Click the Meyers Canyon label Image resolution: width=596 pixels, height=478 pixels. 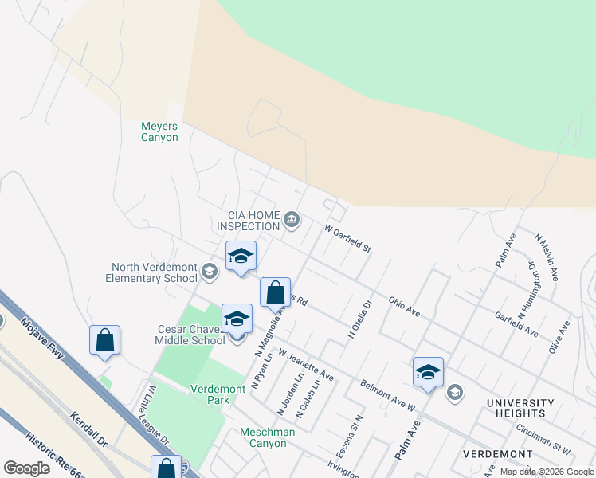tap(159, 131)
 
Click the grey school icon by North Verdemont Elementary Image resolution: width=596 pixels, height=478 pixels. tap(209, 272)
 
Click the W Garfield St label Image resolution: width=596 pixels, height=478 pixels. tap(348, 238)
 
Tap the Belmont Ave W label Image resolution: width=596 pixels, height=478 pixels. tap(388, 394)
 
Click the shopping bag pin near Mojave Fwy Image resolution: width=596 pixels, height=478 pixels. tap(105, 340)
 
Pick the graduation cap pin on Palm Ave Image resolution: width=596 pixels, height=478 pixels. tap(428, 372)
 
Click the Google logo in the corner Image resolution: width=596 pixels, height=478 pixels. tap(26, 468)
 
